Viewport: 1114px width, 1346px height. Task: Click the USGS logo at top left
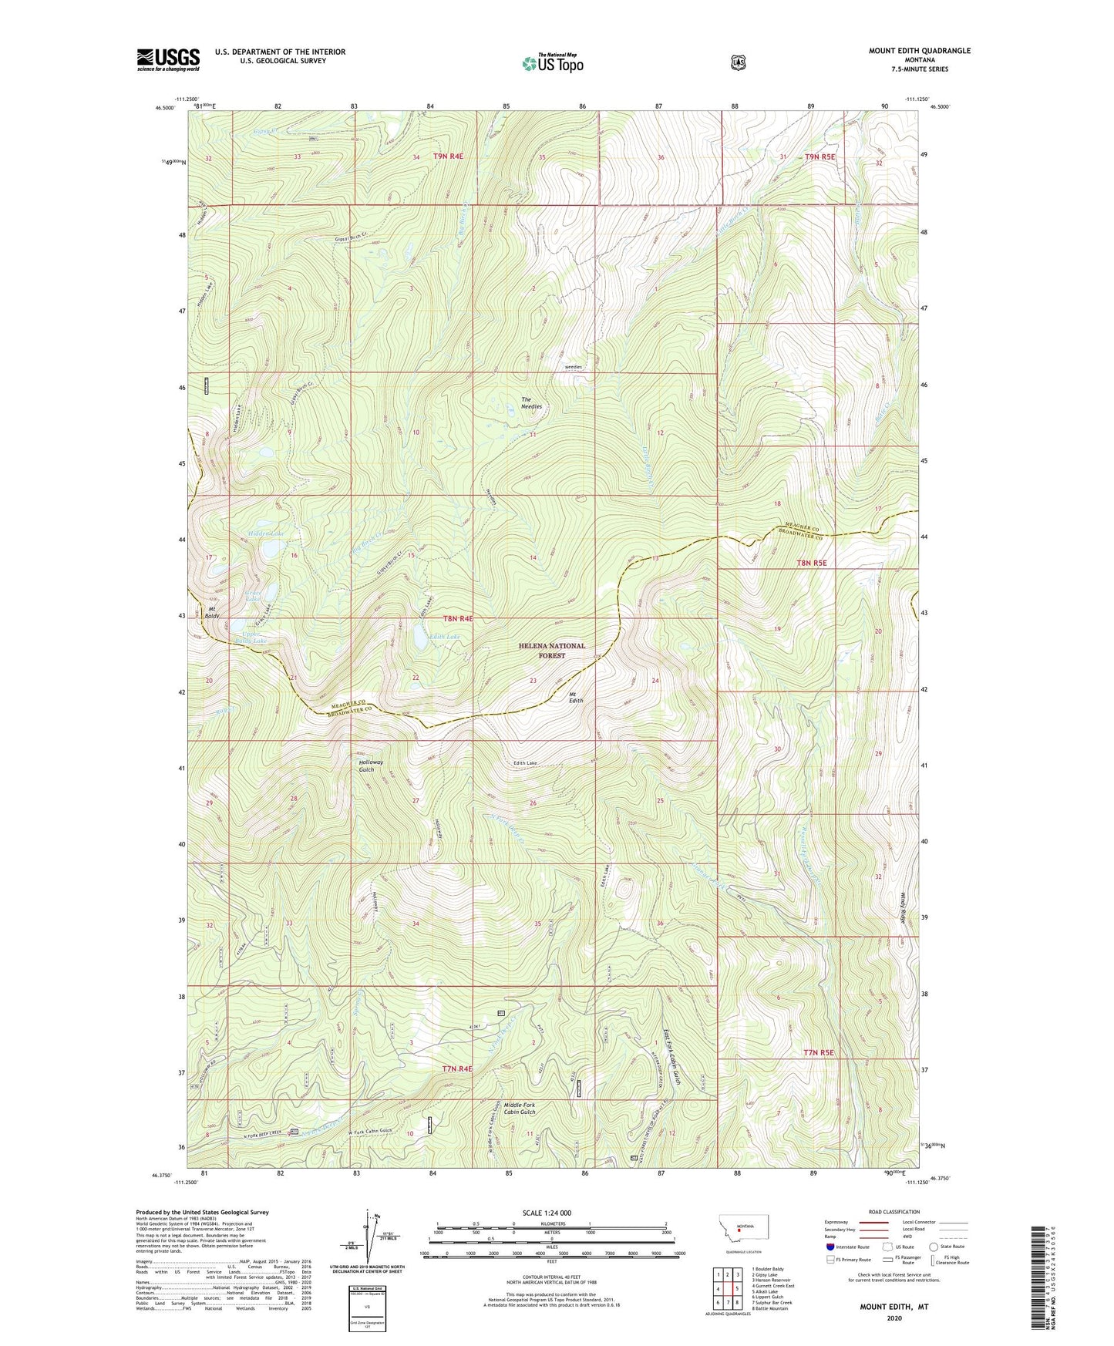(168, 59)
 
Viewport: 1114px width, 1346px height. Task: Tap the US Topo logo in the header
(552, 63)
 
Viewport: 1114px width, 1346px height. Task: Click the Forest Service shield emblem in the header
(738, 62)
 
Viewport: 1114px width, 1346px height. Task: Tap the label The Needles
(531, 402)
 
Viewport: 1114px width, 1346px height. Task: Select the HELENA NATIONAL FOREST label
(552, 651)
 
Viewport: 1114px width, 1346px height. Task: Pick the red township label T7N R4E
(457, 1068)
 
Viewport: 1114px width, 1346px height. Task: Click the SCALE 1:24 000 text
(547, 1213)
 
